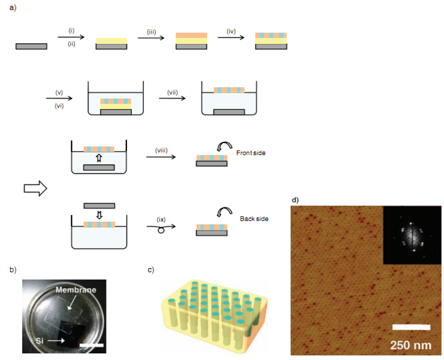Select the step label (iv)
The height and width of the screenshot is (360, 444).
coord(231,31)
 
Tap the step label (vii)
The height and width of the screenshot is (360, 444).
coord(173,93)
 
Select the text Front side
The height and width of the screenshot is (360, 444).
coord(251,153)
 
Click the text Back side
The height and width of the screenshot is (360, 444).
coord(254,219)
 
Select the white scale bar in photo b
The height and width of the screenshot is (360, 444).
coord(91,345)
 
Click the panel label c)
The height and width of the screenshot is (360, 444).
coord(151,270)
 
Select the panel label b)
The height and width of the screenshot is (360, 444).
coord(13,270)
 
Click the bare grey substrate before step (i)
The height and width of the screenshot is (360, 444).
coord(31,46)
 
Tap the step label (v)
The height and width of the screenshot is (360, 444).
coord(59,93)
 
